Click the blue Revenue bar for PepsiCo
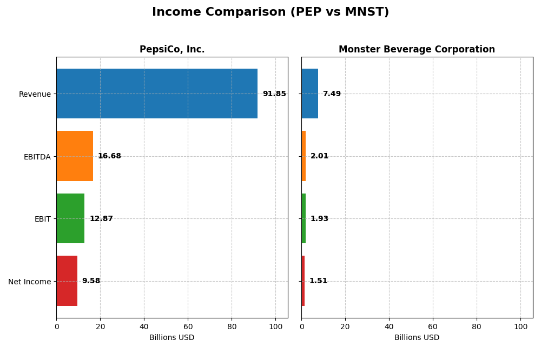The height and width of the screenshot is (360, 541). tap(157, 94)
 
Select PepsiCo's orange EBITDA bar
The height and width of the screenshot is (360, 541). tap(75, 156)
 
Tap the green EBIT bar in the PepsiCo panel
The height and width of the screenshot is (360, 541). tap(70, 218)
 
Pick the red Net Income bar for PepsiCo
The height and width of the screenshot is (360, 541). tap(67, 281)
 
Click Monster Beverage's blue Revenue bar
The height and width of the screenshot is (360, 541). tap(309, 94)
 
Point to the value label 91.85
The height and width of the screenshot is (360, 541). tap(274, 94)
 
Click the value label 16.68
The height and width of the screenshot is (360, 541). tap(109, 156)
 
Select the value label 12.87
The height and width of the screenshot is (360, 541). tap(101, 219)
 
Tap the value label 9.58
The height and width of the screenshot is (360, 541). tap(91, 281)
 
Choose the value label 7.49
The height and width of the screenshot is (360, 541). tap(332, 94)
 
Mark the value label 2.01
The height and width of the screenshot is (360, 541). tap(319, 156)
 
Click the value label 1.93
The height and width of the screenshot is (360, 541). tap(319, 219)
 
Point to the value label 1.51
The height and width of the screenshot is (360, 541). tap(318, 281)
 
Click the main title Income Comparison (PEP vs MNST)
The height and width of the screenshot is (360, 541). tap(270, 12)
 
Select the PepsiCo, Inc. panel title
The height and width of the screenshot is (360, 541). tap(172, 50)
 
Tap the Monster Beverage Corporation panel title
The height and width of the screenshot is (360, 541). tap(417, 50)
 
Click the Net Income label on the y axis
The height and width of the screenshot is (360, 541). tap(30, 282)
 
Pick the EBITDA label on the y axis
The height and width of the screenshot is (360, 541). tap(37, 157)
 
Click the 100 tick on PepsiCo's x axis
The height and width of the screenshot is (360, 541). tap(275, 326)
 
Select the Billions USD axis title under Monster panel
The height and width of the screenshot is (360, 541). tap(417, 338)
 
